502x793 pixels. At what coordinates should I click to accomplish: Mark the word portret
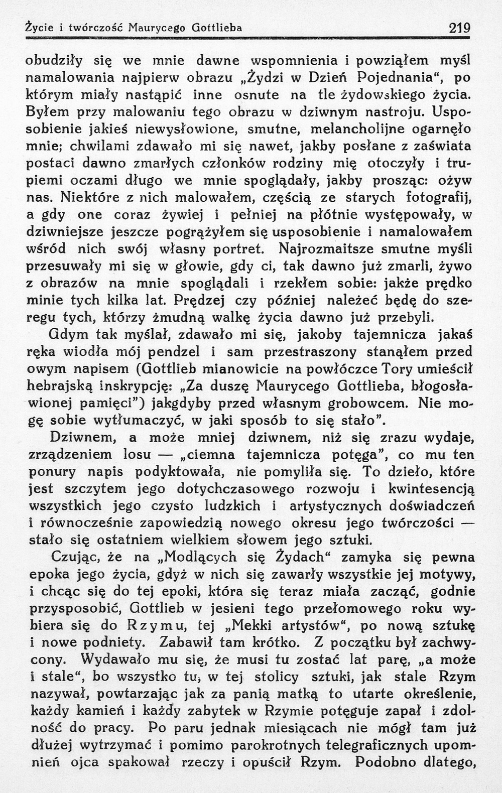click(236, 249)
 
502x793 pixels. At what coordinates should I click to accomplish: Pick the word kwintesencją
click(438, 488)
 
